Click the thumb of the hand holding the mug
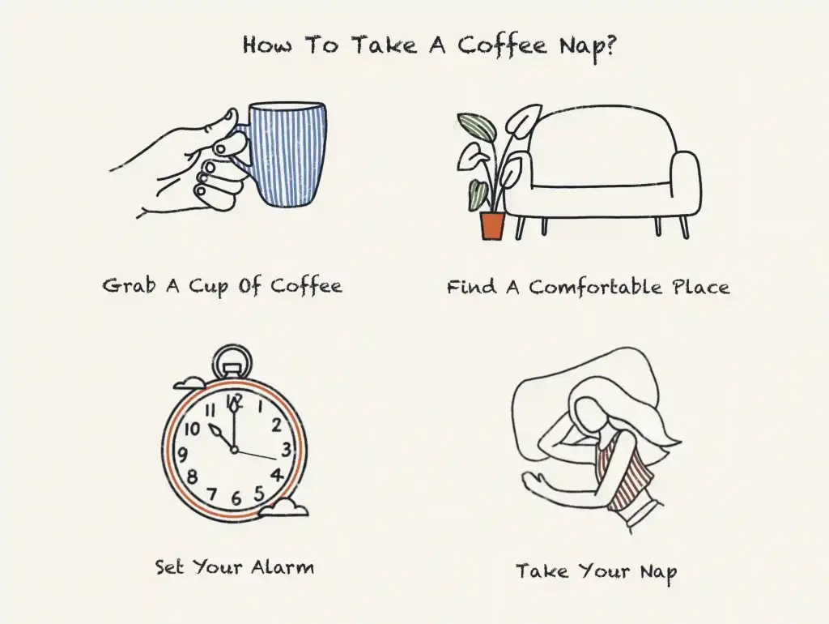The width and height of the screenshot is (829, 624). coord(220,126)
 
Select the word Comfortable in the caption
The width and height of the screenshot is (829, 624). coord(596,288)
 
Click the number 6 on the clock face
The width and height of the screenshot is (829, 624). coord(236,498)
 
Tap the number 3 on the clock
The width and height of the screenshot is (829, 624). coord(286,449)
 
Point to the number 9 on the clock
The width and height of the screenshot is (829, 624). coord(182,455)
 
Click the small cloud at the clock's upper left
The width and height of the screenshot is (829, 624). coord(190,382)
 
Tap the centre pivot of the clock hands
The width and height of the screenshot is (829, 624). coord(234,449)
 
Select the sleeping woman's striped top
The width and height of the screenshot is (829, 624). coord(623,471)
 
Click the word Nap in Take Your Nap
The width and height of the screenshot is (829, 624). coord(657,572)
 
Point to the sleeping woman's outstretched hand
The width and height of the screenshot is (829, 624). coord(535,483)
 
